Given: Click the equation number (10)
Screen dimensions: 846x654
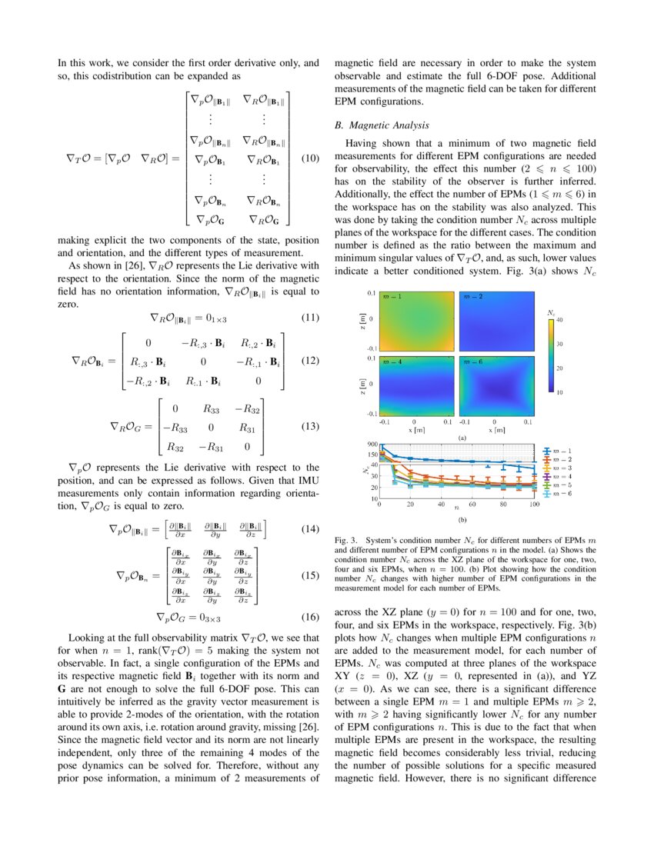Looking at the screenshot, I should (x=309, y=159).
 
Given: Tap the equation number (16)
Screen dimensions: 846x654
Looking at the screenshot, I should (x=309, y=616).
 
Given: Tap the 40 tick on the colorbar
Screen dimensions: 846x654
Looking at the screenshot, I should (x=559, y=319).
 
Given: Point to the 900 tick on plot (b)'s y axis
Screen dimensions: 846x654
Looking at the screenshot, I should (x=372, y=445).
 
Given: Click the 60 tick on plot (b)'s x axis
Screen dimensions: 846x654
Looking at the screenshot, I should (x=472, y=506).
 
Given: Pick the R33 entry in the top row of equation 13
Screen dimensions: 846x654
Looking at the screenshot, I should (x=212, y=409).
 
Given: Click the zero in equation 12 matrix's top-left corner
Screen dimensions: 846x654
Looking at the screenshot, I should (x=148, y=344).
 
